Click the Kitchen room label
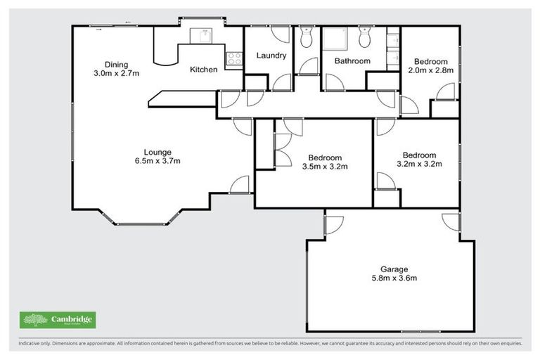204,70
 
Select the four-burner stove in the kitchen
233,58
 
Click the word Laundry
271,56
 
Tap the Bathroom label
352,61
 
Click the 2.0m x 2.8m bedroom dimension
433,70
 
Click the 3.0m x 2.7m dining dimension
116,72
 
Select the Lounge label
157,152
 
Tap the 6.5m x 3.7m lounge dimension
157,161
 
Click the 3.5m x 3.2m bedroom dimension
325,167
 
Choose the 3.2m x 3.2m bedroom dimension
419,165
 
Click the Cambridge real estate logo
58,320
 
